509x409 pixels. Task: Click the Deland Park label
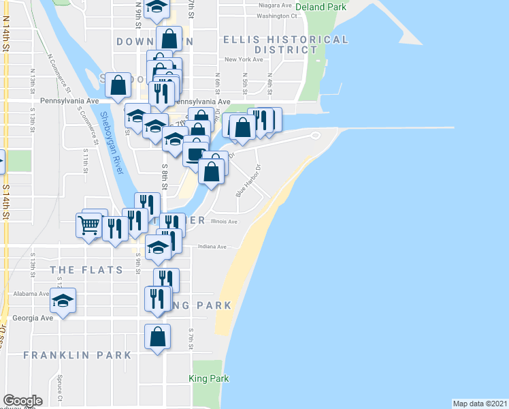pos(322,7)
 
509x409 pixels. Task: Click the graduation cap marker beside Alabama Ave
pos(63,301)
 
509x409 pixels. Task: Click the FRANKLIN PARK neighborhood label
pos(77,355)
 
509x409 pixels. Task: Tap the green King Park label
pos(209,379)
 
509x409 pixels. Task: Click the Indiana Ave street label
pos(211,247)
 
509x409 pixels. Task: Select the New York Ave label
pos(244,59)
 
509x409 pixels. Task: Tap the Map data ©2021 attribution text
pos(480,403)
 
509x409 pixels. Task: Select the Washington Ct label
pos(278,15)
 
